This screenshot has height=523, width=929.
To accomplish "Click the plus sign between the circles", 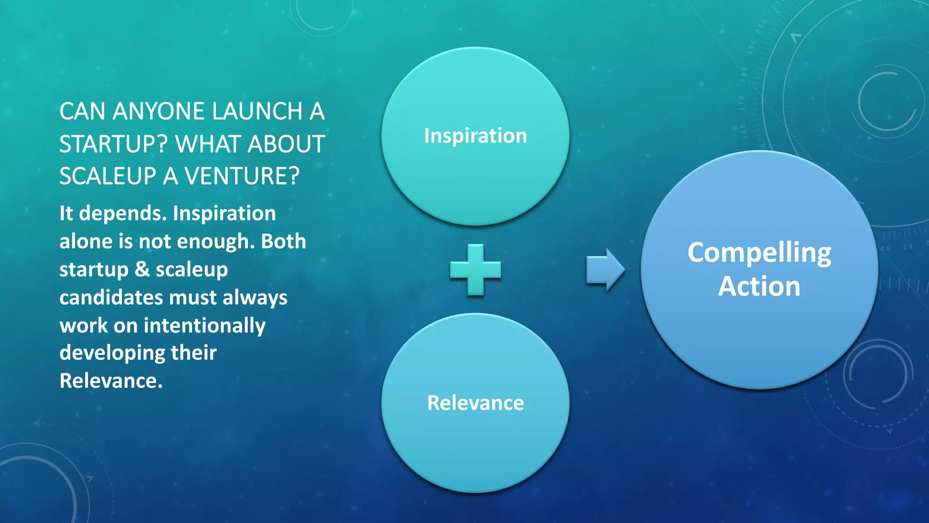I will (475, 270).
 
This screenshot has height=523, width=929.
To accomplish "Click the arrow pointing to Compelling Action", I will (605, 270).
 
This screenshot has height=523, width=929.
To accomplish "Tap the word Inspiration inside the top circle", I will (475, 136).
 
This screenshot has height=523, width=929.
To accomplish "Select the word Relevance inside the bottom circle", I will (475, 403).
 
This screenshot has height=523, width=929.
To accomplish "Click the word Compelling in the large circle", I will (759, 253).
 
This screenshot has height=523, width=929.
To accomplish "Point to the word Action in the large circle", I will (759, 286).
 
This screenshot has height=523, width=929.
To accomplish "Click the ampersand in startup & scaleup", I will (142, 269).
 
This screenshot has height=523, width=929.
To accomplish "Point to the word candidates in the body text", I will (111, 298).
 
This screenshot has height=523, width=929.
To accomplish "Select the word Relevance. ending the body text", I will (111, 381).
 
